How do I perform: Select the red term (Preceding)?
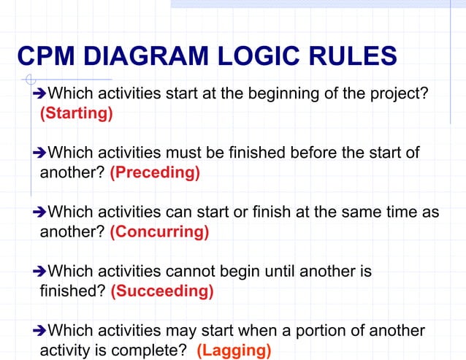pos(155,173)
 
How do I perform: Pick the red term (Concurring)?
pos(159,232)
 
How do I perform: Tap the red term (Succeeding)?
pos(162,291)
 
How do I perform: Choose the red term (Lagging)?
pos(234,351)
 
